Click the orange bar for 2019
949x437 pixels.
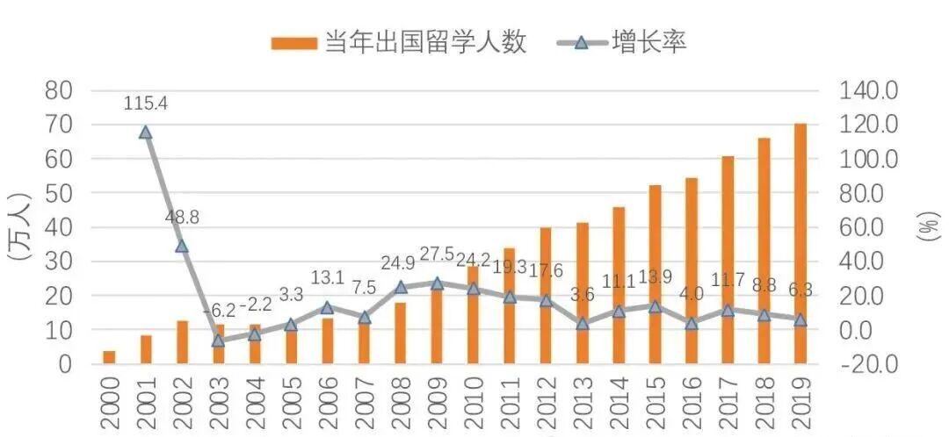800,243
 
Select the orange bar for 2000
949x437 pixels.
109,357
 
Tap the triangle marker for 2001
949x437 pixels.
146,133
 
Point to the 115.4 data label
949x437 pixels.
146,104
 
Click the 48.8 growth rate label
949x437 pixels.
182,217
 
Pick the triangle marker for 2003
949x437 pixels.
219,340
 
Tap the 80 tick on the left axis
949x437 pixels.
61,91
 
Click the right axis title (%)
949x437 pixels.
928,227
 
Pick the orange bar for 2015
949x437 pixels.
655,275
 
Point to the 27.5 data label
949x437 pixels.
437,255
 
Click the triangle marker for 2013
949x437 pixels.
583,324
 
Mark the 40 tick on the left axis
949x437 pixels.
61,227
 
